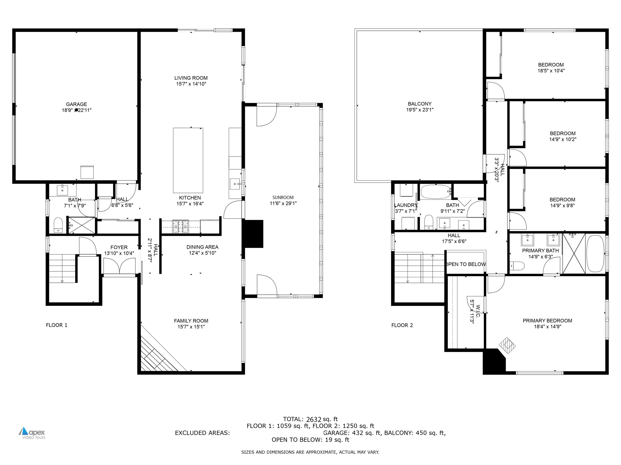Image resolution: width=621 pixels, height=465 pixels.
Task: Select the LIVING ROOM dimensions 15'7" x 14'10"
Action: [191, 84]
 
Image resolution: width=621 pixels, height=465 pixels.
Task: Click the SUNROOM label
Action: [283, 197]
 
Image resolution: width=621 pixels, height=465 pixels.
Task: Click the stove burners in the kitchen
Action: [181, 227]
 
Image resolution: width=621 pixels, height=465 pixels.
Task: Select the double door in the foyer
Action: [119, 266]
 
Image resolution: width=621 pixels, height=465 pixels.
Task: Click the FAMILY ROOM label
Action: [191, 321]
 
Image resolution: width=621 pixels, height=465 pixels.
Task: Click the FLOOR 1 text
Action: [57, 325]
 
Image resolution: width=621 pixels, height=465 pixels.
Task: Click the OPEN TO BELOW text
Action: [466, 264]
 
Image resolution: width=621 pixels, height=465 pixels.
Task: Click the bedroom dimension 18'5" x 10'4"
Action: [551, 71]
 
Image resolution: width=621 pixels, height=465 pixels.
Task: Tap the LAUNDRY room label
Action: [406, 205]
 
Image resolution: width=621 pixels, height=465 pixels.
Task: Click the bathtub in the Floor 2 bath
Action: [436, 192]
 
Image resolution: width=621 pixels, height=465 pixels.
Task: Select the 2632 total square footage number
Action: [313, 420]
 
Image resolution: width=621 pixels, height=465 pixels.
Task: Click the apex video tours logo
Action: [32, 433]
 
